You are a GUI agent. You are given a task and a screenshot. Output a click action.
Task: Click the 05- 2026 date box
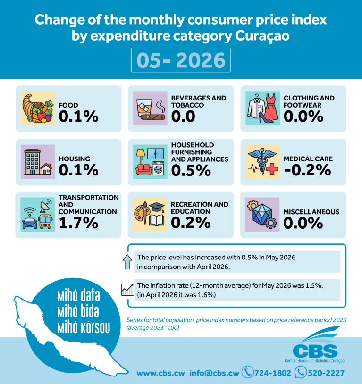point(181,60)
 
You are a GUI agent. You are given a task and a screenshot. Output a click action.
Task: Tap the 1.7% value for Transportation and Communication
point(79,223)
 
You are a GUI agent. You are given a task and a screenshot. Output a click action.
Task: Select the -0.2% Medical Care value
point(308,170)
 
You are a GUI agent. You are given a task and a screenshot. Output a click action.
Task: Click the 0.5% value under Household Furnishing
point(191,170)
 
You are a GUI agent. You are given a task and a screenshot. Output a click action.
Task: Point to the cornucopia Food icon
point(38,108)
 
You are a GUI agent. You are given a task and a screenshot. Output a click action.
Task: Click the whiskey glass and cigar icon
point(150,108)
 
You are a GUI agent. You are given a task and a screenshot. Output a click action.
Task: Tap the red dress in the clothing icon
point(271,107)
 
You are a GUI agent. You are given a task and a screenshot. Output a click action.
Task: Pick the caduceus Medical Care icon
point(262,162)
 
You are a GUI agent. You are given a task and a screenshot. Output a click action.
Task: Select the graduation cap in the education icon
point(157,207)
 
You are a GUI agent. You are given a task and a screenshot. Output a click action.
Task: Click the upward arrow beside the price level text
point(127,262)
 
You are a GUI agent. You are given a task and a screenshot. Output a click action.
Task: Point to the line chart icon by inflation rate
point(127,290)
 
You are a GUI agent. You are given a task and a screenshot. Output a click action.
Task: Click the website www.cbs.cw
point(160,373)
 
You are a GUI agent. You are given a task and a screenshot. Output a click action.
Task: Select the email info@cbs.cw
point(214,373)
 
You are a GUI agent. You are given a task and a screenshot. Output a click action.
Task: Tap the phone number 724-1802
point(273,373)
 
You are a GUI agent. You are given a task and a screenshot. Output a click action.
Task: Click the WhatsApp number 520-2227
point(326,373)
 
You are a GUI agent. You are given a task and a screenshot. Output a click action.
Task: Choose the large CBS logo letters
point(315,351)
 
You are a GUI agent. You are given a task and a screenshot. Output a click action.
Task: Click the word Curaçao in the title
point(262,36)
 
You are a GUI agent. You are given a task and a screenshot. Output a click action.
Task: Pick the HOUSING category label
point(74,159)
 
